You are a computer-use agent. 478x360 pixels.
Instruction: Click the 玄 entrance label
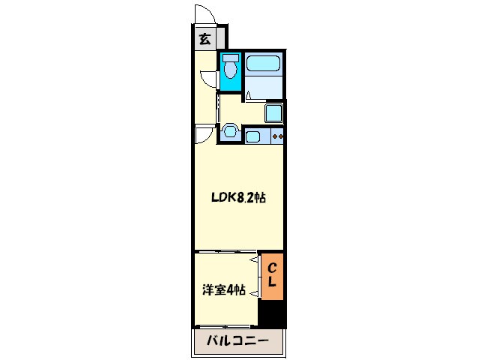(x=205, y=39)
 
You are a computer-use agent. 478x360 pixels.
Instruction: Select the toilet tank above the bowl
(x=231, y=58)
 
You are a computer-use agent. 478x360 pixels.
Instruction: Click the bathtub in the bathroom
(x=263, y=64)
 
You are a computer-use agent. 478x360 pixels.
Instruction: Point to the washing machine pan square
(x=273, y=113)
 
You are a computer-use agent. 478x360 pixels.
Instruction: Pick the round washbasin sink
(x=230, y=132)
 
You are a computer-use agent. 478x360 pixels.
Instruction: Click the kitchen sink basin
(x=252, y=136)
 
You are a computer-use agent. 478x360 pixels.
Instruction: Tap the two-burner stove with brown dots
(x=277, y=136)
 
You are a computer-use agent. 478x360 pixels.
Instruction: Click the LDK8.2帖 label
(x=238, y=198)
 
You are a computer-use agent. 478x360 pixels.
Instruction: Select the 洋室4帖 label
(x=224, y=289)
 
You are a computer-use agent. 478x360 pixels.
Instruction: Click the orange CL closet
(x=272, y=277)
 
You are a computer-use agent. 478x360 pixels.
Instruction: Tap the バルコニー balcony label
(x=238, y=340)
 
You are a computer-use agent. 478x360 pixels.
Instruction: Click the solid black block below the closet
(x=272, y=313)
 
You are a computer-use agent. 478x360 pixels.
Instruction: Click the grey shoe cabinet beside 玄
(x=221, y=38)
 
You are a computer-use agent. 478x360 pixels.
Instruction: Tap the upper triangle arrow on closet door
(x=254, y=260)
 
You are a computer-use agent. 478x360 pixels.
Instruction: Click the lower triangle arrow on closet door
(x=254, y=293)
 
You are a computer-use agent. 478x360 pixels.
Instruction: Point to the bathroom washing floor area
(x=263, y=87)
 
